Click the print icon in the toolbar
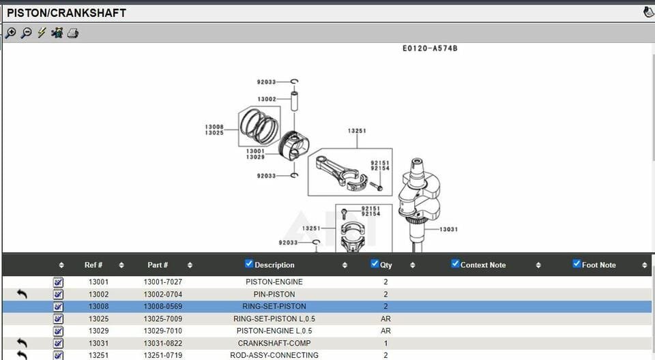coord(73,33)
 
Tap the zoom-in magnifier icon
coord(11,33)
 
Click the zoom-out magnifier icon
coord(26,33)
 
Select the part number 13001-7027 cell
coord(162,282)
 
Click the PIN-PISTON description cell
coord(274,294)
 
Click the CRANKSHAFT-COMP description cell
coord(274,343)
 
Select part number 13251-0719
coord(162,355)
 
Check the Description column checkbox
coord(249,264)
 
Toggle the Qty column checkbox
coord(375,264)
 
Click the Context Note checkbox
coord(455,264)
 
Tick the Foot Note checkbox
coord(577,264)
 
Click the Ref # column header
coord(93,265)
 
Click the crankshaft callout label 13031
coord(448,229)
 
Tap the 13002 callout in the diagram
coord(267,99)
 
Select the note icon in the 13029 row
coord(58,331)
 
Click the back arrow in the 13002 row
coord(22,294)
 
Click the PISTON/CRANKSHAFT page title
coord(66,13)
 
